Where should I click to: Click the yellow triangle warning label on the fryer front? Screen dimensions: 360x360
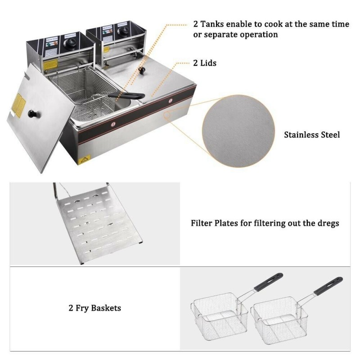pos(85,160)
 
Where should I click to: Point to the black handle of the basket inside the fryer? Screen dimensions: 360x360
pos(126,95)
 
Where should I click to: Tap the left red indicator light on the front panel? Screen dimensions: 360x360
pos(113,124)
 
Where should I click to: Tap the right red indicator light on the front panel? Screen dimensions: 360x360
pos(171,100)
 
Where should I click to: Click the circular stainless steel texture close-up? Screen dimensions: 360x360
pos(238,131)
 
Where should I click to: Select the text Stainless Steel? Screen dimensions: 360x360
pos(312,135)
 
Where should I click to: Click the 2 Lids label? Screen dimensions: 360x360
pos(205,63)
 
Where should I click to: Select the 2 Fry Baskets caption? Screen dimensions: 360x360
pos(95,308)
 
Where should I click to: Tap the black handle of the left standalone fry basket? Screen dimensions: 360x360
pos(268,282)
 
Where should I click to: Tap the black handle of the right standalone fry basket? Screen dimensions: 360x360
pos(328,286)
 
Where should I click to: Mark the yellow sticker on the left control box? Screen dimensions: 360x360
pos(50,65)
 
